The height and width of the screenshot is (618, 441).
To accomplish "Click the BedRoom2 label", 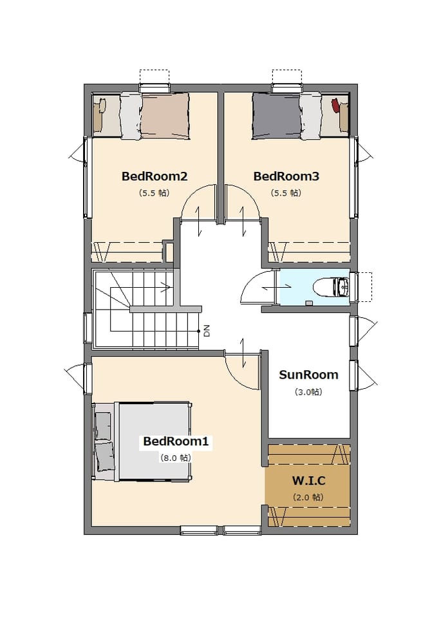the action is (154, 176).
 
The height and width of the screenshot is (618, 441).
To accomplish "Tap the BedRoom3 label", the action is (286, 176).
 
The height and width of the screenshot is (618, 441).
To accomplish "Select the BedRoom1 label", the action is (175, 441).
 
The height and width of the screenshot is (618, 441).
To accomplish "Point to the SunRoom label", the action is (308, 375).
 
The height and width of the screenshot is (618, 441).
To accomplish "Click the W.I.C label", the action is (308, 481).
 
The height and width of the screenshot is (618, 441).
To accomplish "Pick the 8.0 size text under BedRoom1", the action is (175, 458).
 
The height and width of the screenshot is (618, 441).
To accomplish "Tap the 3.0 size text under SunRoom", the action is (308, 392).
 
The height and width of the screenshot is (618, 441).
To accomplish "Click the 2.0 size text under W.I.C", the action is (308, 498).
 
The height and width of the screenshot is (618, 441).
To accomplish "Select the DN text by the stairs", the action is (207, 331).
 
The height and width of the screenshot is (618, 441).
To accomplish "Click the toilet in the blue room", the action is (331, 287).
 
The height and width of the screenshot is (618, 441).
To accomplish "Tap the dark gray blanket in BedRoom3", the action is (277, 116).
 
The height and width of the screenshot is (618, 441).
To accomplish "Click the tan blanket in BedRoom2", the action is (165, 116).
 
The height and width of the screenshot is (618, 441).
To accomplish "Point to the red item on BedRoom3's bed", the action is (335, 106).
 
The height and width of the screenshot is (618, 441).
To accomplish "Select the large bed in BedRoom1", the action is (142, 442).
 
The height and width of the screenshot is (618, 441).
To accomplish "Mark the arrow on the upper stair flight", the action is (166, 287).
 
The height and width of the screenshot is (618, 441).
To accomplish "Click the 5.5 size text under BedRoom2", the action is (154, 193).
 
